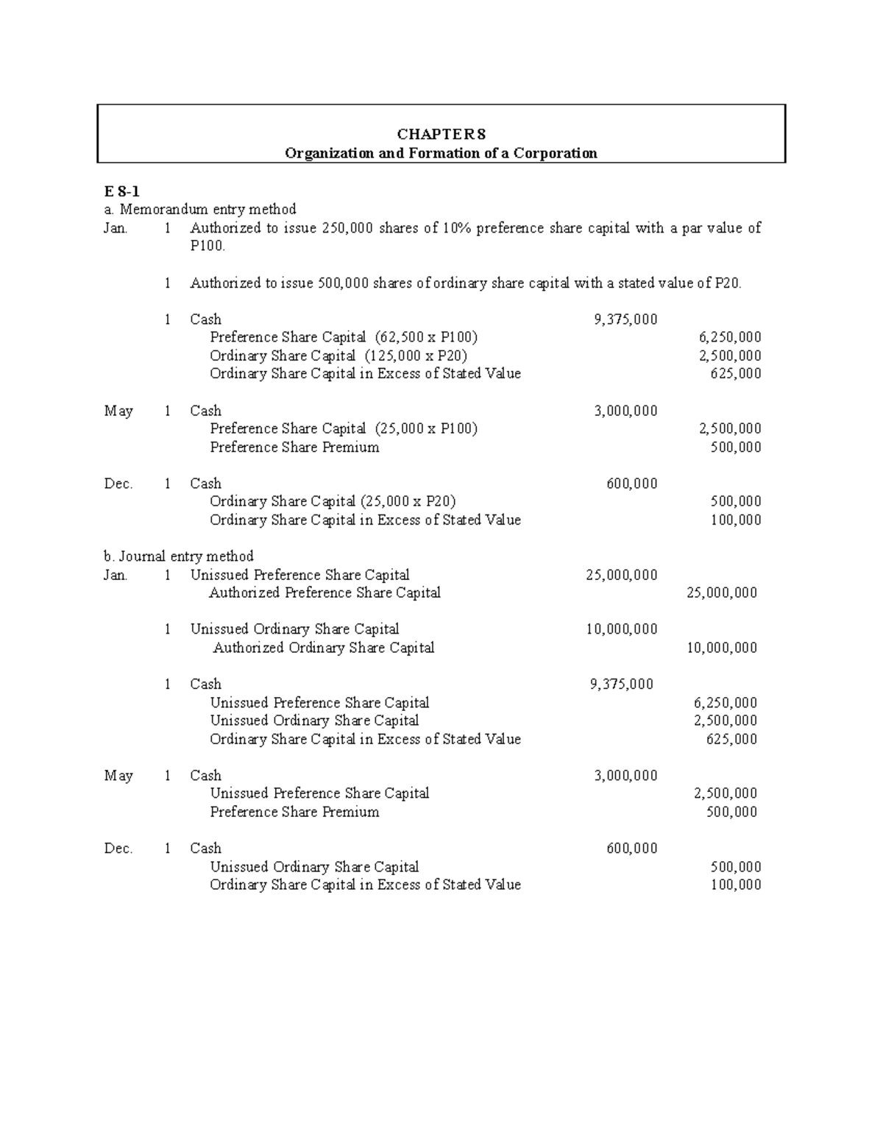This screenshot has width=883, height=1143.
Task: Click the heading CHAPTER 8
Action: (441, 134)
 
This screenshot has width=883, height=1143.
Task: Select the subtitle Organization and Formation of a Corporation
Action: (441, 153)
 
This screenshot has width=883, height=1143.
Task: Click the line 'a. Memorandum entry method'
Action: (200, 210)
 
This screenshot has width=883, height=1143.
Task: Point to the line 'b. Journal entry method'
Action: (179, 556)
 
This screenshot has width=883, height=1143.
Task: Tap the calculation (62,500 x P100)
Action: (426, 337)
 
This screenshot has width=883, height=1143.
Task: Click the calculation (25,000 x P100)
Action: (426, 428)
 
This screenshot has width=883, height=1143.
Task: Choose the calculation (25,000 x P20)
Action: (408, 501)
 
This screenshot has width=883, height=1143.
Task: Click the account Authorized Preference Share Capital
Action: (325, 592)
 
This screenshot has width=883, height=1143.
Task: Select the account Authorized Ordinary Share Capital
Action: (324, 648)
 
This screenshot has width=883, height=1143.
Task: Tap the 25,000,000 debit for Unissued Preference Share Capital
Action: (622, 575)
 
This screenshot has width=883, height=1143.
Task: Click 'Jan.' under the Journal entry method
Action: (116, 575)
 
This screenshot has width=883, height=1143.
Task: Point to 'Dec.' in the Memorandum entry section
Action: (118, 484)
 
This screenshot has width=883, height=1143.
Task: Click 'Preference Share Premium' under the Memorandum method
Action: (294, 447)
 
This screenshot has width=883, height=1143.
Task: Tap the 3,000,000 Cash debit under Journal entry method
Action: (625, 775)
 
